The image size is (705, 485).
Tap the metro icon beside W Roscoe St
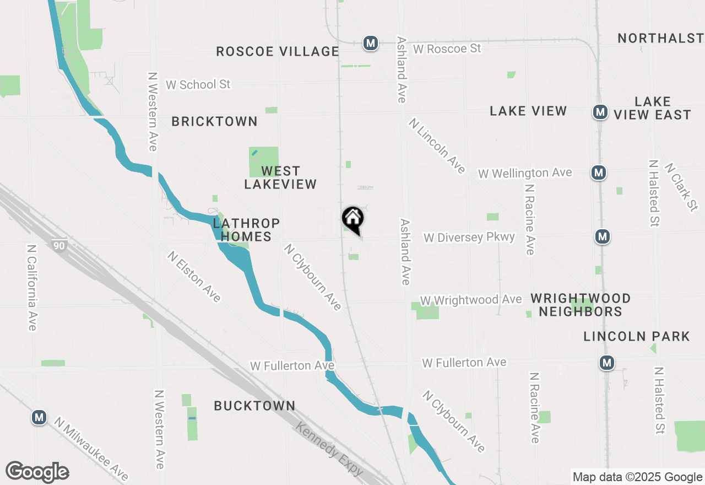click(371, 43)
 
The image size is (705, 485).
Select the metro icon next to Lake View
click(600, 112)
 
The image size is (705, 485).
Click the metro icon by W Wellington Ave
click(599, 173)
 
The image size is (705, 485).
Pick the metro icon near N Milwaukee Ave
click(39, 418)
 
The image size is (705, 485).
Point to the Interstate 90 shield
click(59, 245)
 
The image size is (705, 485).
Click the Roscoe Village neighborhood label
click(277, 51)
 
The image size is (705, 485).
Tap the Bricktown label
click(214, 121)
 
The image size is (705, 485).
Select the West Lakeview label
click(280, 177)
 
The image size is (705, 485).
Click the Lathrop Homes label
click(246, 230)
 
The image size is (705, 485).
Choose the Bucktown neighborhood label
click(254, 406)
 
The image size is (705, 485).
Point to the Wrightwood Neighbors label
click(581, 305)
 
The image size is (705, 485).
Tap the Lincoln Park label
click(637, 336)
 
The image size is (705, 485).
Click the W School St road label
click(198, 84)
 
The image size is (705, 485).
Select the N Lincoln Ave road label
click(437, 145)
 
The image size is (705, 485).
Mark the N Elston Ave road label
click(194, 277)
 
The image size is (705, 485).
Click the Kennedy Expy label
click(329, 449)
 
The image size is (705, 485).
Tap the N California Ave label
click(32, 288)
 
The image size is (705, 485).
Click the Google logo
click(37, 472)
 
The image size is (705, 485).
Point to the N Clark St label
click(681, 186)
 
